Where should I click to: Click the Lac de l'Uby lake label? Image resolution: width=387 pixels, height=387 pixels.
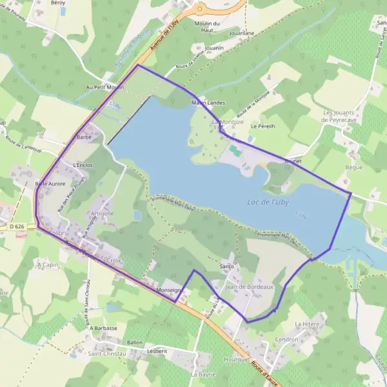tap(268, 202)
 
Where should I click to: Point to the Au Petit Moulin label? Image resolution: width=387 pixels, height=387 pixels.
tap(104, 86)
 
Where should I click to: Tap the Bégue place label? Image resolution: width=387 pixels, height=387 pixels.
tap(354, 166)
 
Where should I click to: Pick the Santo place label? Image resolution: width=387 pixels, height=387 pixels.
tap(226, 266)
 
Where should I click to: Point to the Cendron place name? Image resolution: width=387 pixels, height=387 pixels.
tap(286, 339)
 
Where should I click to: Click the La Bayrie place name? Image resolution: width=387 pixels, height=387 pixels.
tap(203, 374)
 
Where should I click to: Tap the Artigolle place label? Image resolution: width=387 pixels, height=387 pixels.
tap(102, 213)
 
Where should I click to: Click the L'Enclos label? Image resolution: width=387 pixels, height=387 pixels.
tap(83, 165)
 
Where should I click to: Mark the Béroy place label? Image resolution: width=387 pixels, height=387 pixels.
tap(57, 3)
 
